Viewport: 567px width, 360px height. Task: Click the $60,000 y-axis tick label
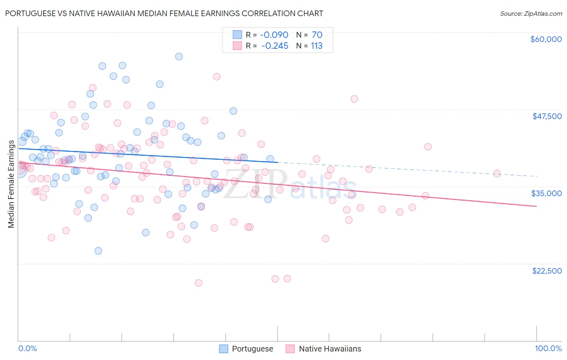click(546, 39)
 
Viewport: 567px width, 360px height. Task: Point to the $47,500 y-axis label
click(547, 116)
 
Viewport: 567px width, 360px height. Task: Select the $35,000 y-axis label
click(546, 193)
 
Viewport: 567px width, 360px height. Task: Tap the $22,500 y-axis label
click(547, 271)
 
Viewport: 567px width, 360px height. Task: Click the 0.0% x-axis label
click(27, 349)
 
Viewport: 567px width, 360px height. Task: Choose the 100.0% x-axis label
click(548, 349)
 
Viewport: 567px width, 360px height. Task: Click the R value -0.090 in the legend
click(274, 35)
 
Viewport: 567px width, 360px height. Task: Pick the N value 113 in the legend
click(317, 46)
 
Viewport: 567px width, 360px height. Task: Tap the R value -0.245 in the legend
click(275, 46)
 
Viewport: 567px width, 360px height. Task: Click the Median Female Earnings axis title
click(11, 184)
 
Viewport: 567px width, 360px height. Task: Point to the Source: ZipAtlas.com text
click(531, 13)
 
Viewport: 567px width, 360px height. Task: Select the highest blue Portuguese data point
click(179, 57)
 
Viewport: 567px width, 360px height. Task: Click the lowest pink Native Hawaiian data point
click(198, 283)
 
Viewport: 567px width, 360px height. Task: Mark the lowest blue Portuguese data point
click(98, 251)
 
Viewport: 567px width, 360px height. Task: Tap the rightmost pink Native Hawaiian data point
click(497, 174)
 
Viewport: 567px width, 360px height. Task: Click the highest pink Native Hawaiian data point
click(217, 77)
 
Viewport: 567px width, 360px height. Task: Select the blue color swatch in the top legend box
click(238, 35)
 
